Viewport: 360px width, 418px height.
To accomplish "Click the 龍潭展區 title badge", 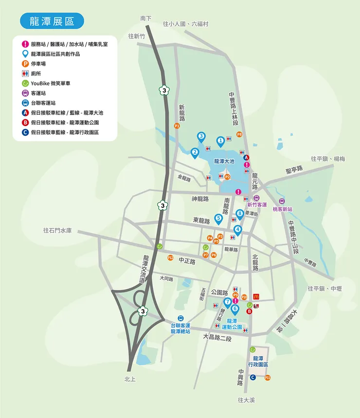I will pos(52,21).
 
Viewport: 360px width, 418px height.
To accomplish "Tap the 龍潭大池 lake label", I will pos(224,161).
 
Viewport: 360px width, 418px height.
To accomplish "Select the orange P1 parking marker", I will pos(177,126).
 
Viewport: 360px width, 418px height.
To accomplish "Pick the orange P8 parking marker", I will pos(239,134).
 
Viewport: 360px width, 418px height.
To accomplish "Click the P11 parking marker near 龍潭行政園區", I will pos(268,378).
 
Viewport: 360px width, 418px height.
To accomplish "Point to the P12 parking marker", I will pos(170,258).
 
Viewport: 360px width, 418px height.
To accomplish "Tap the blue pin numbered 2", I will pos(195,152).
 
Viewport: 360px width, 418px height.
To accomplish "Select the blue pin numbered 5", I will pos(218,218).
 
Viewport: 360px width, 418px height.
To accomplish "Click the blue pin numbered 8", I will pos(239,213).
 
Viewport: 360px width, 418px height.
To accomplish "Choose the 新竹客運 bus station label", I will pos(257,205).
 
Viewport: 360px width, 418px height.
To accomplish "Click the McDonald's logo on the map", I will pos(256,296).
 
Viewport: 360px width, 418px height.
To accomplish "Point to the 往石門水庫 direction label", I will pos(57,230).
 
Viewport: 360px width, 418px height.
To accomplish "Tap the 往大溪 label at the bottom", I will pos(247,400).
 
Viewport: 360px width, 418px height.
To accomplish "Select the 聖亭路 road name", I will pos(294,169).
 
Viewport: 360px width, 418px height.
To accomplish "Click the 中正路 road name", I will pos(187,261).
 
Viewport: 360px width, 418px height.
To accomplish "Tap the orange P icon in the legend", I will pos(25,64).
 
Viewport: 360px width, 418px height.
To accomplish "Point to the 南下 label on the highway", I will pos(146,18).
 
